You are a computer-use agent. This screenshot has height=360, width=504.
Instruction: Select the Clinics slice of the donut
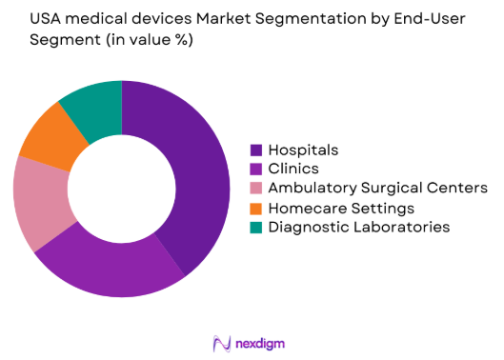tap(105, 268)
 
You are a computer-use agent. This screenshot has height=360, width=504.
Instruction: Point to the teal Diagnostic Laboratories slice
tap(93, 108)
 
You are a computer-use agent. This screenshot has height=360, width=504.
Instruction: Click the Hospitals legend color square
tap(256, 150)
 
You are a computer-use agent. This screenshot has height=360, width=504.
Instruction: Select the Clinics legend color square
tap(256, 170)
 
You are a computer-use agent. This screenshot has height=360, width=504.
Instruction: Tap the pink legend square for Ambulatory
tap(256, 189)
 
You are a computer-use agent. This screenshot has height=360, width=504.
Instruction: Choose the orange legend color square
tap(256, 208)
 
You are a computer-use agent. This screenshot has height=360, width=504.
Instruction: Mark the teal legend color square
tap(256, 227)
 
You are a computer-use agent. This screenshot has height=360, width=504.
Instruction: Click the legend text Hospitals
tap(303, 150)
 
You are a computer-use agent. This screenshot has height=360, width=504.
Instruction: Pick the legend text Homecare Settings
tap(340, 208)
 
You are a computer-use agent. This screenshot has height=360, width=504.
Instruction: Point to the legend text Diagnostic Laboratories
tap(358, 227)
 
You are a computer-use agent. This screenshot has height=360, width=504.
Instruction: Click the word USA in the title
tap(30, 19)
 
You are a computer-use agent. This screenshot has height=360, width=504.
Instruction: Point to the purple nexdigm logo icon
tap(222, 343)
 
